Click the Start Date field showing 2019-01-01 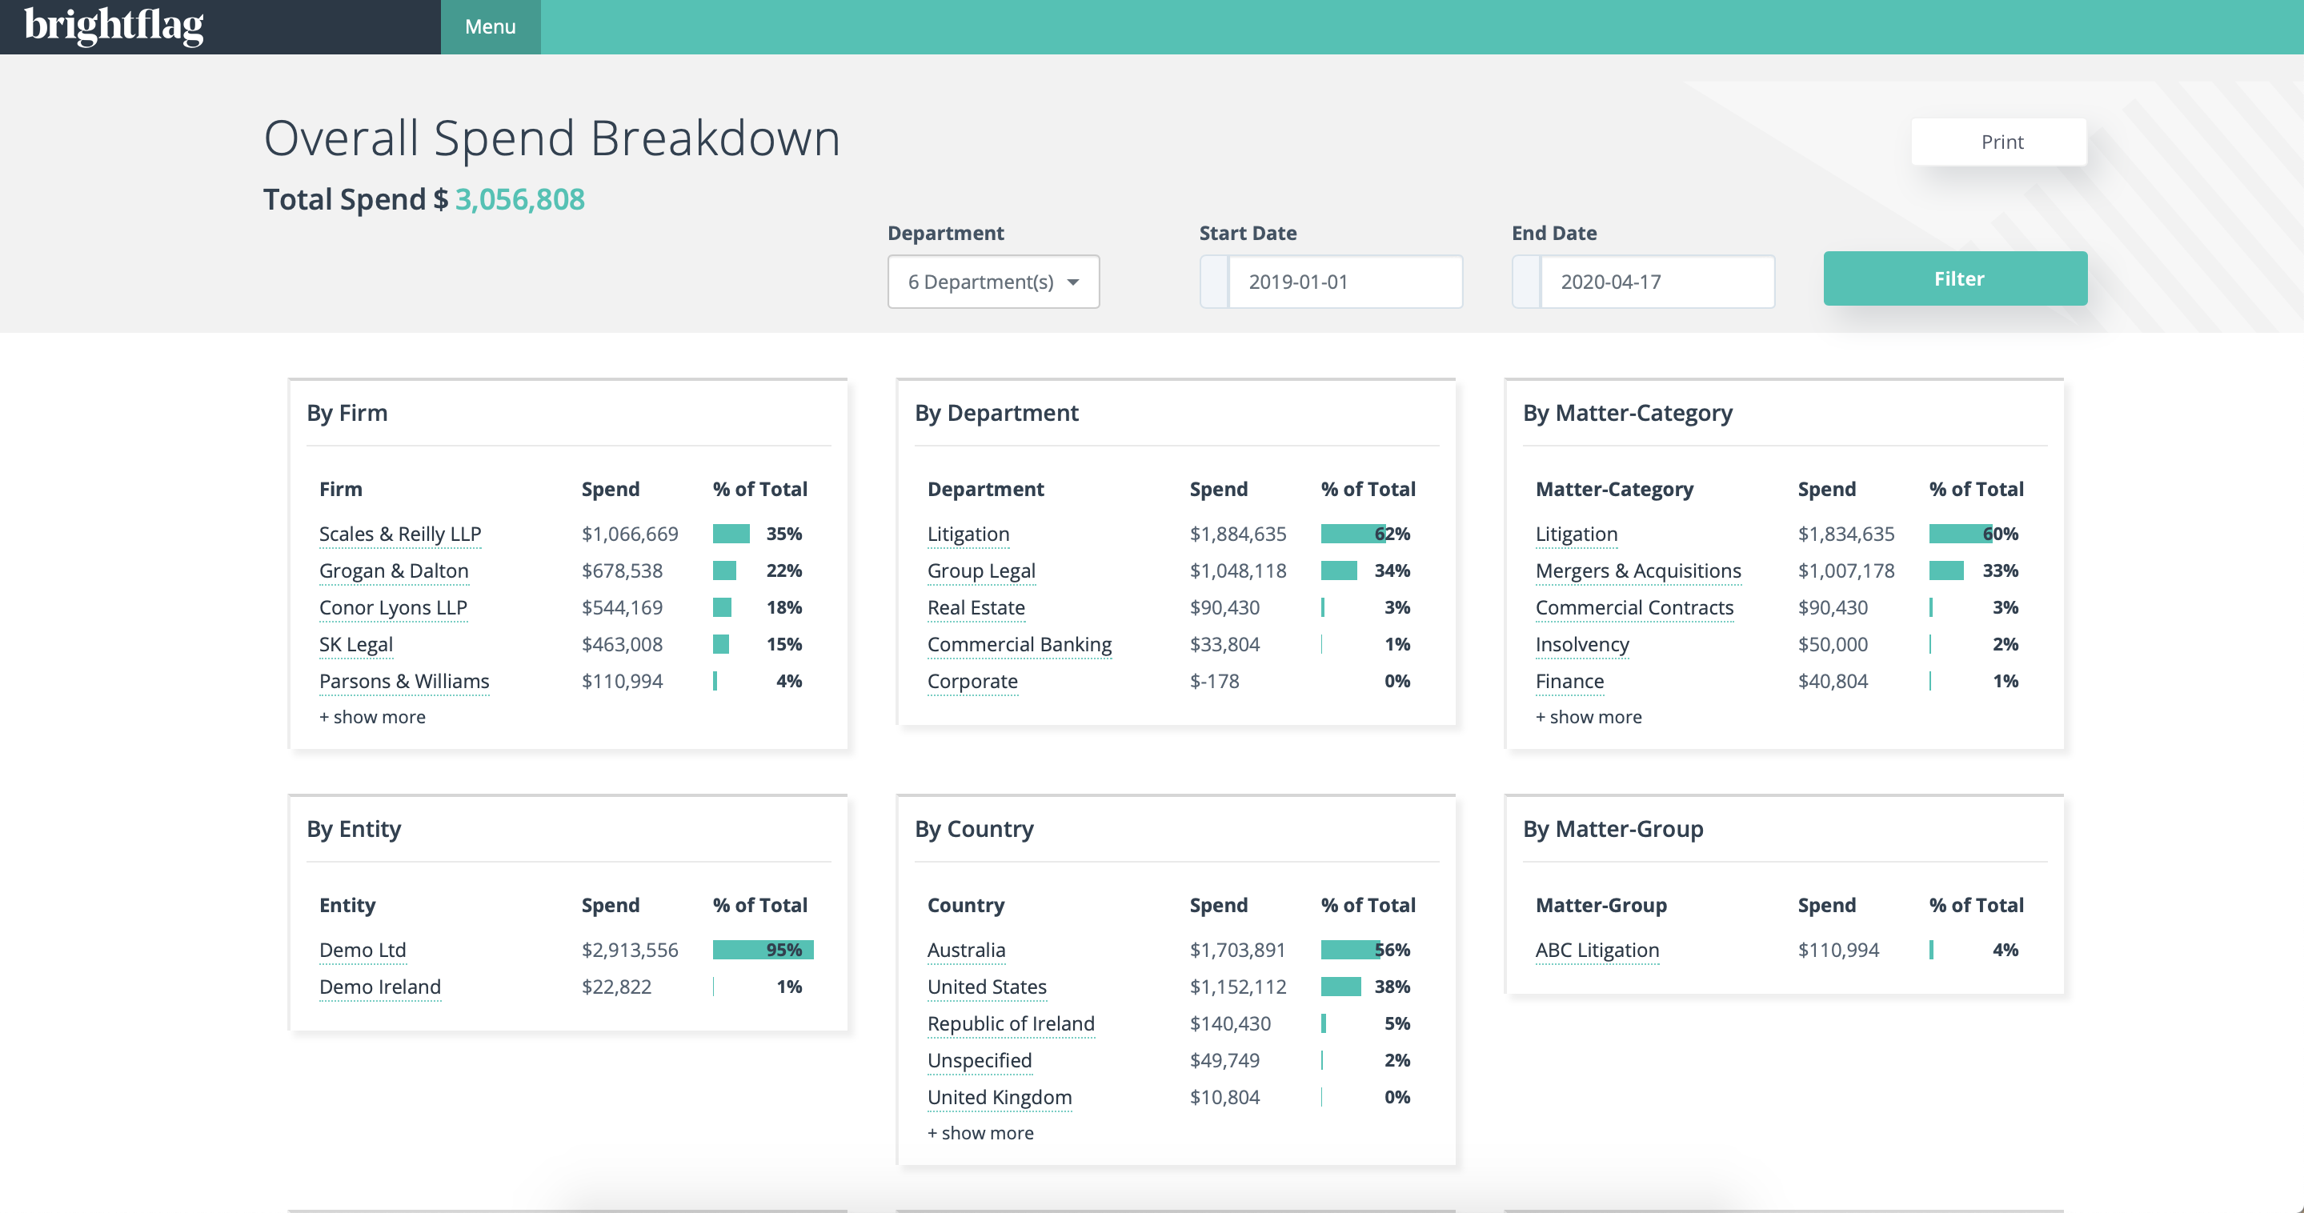pyautogui.click(x=1344, y=282)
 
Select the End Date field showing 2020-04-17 pyautogui.click(x=1657, y=282)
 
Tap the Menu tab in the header pyautogui.click(x=490, y=27)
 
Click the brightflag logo pyautogui.click(x=114, y=25)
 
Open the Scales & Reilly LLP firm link pyautogui.click(x=400, y=534)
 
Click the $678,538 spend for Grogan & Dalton pyautogui.click(x=622, y=570)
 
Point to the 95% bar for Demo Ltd pyautogui.click(x=762, y=950)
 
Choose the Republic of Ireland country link pyautogui.click(x=1011, y=1023)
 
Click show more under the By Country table pyautogui.click(x=980, y=1132)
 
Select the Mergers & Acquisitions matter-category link pyautogui.click(x=1637, y=570)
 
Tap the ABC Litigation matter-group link pyautogui.click(x=1597, y=950)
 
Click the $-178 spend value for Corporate pyautogui.click(x=1214, y=681)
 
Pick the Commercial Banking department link pyautogui.click(x=1019, y=644)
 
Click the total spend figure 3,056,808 pyautogui.click(x=519, y=198)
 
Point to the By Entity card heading pyautogui.click(x=355, y=828)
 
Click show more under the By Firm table pyautogui.click(x=372, y=717)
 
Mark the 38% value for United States pyautogui.click(x=1392, y=987)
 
